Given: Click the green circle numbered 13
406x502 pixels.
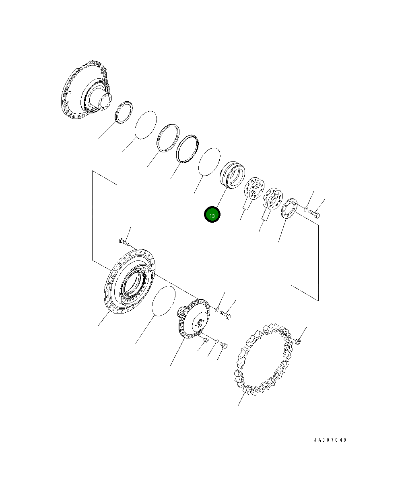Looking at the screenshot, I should (x=212, y=215).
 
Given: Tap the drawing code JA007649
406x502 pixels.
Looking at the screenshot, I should (x=330, y=440).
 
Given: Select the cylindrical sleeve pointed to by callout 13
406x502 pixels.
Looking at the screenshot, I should (x=233, y=174).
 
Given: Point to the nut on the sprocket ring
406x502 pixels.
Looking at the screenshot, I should (x=298, y=342).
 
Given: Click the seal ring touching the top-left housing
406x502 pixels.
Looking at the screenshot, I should (x=124, y=112).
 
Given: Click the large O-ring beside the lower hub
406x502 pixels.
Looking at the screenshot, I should (x=163, y=301).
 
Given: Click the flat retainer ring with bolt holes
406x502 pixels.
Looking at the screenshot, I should (x=289, y=208).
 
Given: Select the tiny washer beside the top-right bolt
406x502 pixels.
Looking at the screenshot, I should (x=306, y=209).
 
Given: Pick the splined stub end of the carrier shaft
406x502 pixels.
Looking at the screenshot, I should (x=182, y=311).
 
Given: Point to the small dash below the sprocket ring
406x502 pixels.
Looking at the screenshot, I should (x=233, y=414).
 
